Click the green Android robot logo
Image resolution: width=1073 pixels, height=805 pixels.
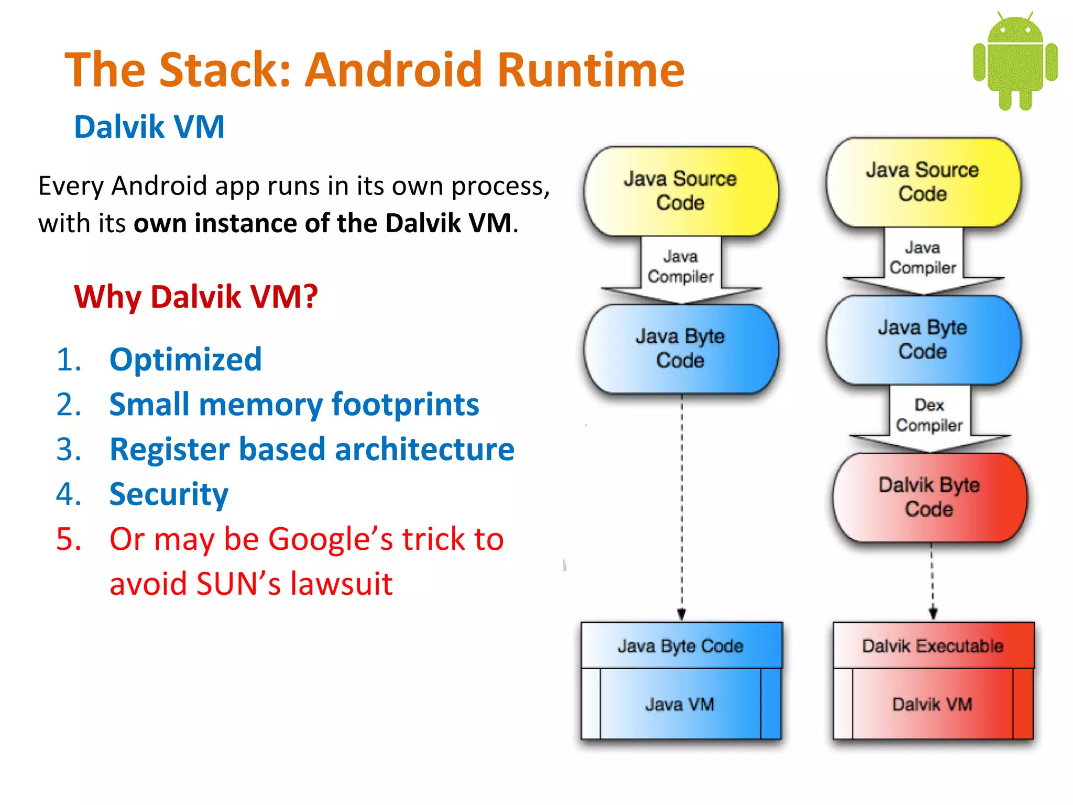coord(1015,61)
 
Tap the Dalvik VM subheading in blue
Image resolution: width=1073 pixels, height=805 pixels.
coord(149,127)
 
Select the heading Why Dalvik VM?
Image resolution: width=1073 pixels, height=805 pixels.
coord(196,297)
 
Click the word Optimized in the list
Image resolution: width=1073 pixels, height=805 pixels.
coord(185,360)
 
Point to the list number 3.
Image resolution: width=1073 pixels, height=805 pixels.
coord(69,450)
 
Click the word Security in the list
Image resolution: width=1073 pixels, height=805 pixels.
coord(169,494)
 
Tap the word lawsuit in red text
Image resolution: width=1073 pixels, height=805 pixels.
coord(341,584)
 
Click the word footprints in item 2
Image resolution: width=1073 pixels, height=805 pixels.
coord(405,405)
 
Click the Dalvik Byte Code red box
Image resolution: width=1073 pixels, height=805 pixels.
coord(929,497)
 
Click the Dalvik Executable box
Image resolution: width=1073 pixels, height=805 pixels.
coord(933,646)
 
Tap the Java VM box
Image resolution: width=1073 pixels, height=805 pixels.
coord(680,704)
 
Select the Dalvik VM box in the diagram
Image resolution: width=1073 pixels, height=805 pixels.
coord(932,704)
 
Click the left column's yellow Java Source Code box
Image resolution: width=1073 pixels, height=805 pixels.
coord(680,191)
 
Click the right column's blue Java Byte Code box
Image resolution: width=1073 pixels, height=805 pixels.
coord(923,340)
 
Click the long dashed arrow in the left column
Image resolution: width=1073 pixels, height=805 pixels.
coord(682,503)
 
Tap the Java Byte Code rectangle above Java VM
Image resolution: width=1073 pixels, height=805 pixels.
coord(680,646)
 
